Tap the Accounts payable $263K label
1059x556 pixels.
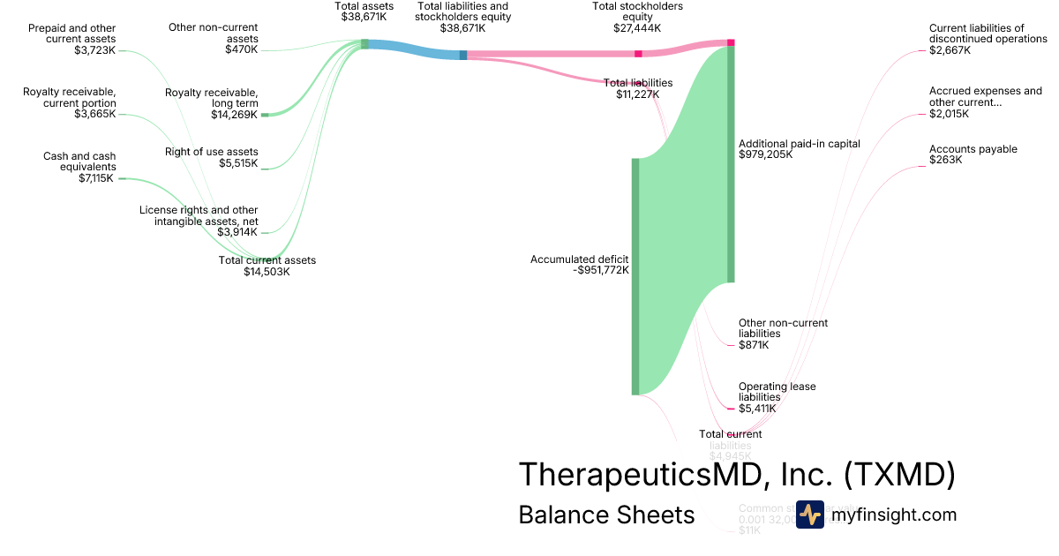pos(973,154)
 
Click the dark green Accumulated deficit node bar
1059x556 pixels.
pos(635,276)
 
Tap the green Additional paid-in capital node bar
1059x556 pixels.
pos(731,163)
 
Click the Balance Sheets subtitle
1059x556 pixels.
pos(606,515)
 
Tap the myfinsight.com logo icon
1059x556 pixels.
pos(809,515)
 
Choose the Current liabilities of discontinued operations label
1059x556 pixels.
pos(988,39)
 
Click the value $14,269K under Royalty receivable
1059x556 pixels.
pos(234,115)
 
